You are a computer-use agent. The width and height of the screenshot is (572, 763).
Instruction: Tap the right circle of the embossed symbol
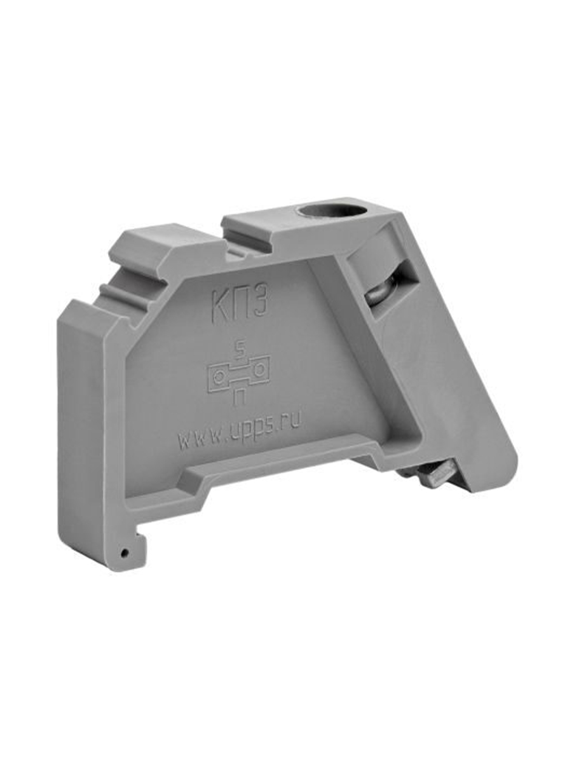(259, 369)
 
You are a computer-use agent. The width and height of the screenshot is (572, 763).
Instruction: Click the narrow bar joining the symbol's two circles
(239, 373)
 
